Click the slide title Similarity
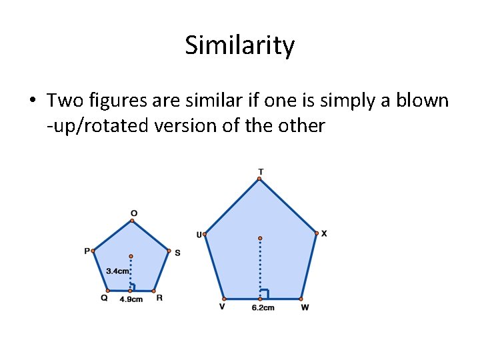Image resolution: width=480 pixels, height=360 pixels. (239, 45)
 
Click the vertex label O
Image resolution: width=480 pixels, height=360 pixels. (134, 213)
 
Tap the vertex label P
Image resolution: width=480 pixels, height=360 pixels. (87, 251)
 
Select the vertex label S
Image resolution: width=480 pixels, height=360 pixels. (177, 253)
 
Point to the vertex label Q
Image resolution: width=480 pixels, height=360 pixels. (104, 298)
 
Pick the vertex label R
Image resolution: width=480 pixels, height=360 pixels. (159, 298)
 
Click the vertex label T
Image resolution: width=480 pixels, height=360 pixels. (261, 171)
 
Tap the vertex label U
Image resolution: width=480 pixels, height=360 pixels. (199, 234)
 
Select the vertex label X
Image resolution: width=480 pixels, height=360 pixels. (324, 233)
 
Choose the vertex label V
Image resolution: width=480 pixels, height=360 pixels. (222, 307)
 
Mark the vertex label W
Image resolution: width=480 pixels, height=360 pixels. (305, 307)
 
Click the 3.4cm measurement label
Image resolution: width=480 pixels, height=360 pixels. (118, 271)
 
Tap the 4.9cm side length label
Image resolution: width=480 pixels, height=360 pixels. (131, 299)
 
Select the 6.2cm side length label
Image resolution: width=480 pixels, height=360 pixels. (263, 307)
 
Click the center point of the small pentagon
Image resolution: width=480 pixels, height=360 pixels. (131, 256)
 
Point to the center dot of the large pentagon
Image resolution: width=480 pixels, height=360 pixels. (260, 238)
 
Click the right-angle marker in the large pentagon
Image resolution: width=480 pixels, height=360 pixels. (265, 293)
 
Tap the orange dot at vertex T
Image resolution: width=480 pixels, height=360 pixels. (261, 179)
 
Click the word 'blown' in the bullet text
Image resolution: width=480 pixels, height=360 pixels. (423, 101)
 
